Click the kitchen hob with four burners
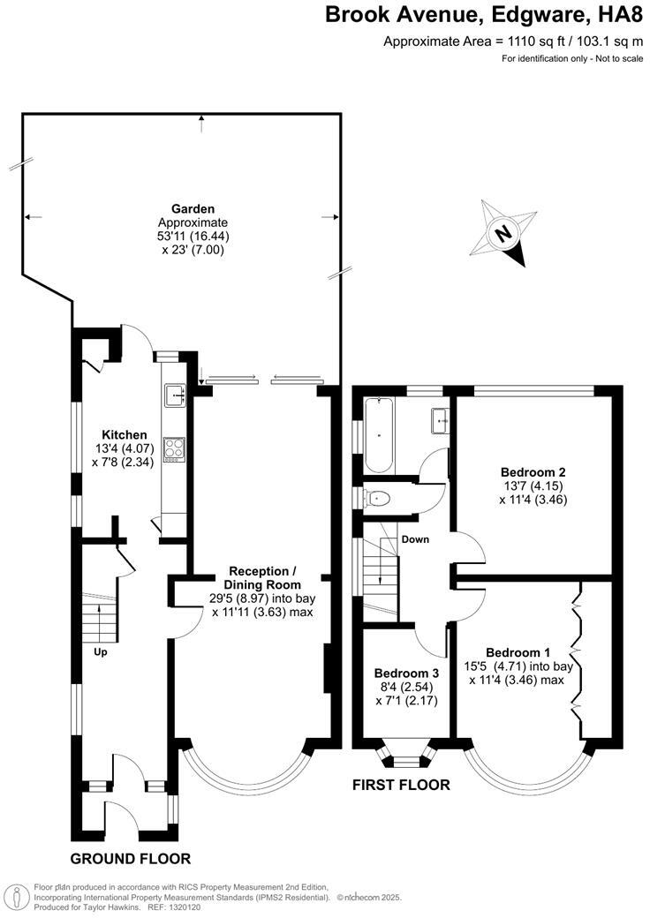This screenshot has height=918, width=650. (x=173, y=449)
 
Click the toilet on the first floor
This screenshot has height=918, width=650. (x=378, y=498)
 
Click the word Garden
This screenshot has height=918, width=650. (x=193, y=209)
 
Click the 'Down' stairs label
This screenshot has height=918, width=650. (x=414, y=538)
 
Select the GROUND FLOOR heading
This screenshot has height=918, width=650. (x=131, y=859)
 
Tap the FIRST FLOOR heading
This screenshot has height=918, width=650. (x=401, y=785)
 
